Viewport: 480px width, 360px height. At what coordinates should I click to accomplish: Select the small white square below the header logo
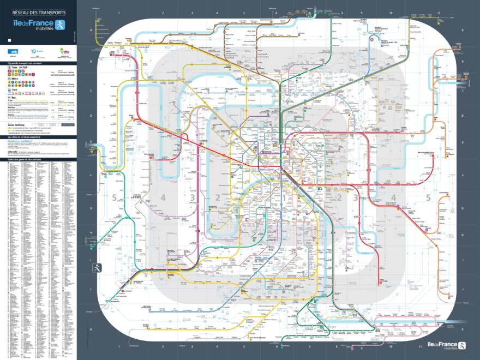(10, 40)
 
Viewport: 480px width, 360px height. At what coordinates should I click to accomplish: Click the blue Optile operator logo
(13, 51)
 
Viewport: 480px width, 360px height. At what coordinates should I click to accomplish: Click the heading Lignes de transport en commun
(25, 64)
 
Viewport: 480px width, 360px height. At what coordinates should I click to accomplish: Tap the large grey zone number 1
(284, 197)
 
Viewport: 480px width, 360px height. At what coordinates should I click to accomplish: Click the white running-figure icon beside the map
(97, 268)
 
